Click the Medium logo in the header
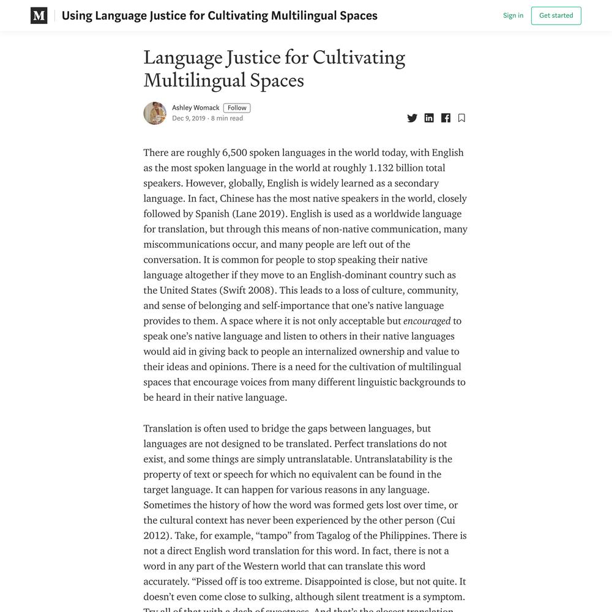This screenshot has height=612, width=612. pos(39,16)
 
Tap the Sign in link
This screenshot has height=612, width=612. pos(513,16)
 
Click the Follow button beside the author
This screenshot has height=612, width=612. pos(237,108)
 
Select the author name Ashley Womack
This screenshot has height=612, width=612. pos(195,108)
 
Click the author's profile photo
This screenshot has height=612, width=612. pos(155,113)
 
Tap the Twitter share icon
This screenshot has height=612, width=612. pos(412,118)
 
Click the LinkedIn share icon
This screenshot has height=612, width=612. pos(429,118)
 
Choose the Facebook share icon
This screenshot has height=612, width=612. pos(446,118)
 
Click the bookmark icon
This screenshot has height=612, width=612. pos(461,118)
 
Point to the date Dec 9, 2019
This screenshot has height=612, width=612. pos(188,119)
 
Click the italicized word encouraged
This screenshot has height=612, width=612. pos(427,321)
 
